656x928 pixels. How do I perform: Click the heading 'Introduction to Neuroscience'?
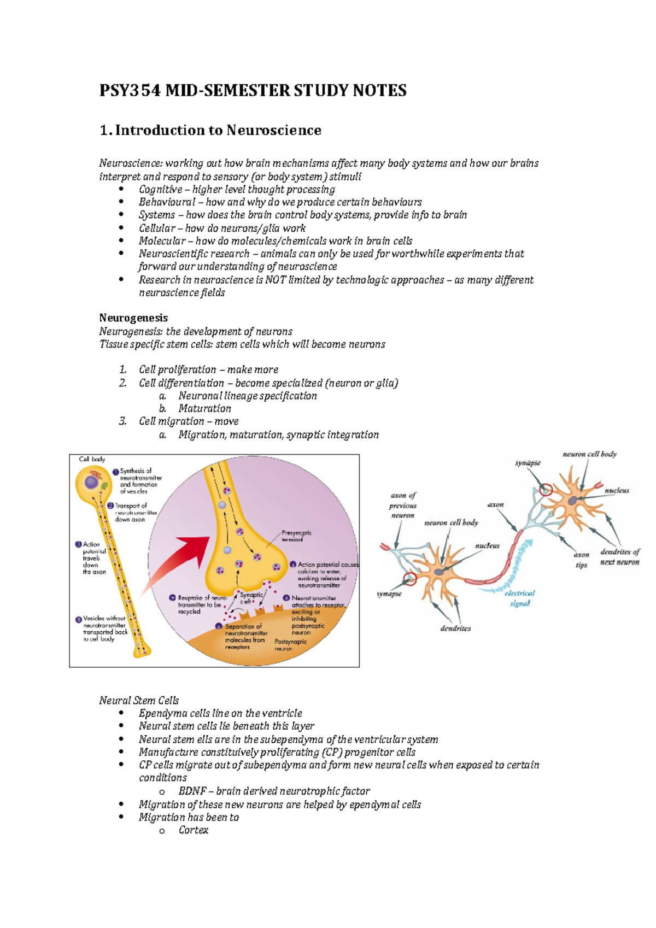tap(218, 130)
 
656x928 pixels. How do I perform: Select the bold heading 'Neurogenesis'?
tap(133, 318)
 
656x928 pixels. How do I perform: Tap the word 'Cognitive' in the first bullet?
tap(160, 189)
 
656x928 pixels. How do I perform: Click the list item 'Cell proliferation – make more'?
tap(208, 369)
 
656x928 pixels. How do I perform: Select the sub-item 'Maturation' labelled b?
tap(204, 408)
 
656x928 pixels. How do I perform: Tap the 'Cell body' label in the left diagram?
tap(92, 459)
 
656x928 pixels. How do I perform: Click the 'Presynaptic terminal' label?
tap(296, 536)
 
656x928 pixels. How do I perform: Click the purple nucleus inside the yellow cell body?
tap(91, 483)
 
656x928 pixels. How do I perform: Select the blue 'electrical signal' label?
tap(520, 598)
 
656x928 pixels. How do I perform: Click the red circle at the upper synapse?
tap(545, 490)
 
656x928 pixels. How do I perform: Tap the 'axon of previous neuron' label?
tap(403, 505)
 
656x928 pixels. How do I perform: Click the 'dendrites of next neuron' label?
tap(619, 557)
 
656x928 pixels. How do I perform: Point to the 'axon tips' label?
tap(581, 560)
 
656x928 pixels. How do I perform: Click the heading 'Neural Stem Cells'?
tap(139, 700)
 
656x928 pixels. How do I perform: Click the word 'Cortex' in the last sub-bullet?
tap(194, 830)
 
